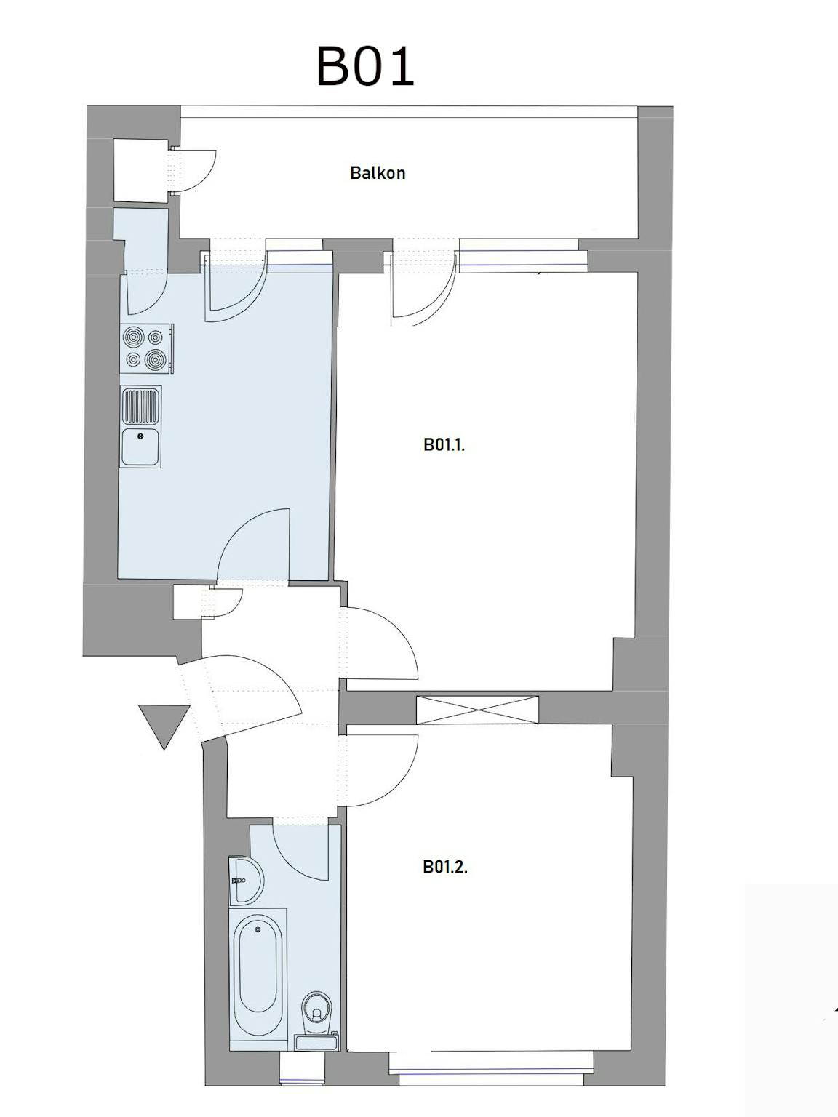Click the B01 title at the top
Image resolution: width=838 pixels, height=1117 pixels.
point(365,67)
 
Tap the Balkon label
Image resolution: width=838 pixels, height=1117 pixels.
point(378,173)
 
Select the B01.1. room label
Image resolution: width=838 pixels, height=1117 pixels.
point(444,445)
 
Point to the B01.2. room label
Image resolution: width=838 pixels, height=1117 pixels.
point(445,867)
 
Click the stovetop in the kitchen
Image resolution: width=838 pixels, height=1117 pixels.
point(148,348)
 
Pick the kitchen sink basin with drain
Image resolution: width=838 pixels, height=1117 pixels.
point(140,447)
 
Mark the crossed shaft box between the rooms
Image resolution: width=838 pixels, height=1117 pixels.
point(477,710)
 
